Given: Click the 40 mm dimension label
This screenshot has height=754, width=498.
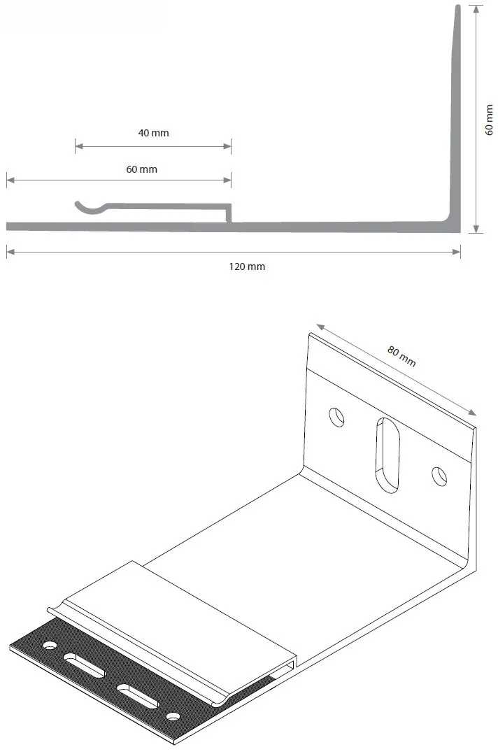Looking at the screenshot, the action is coord(153,133).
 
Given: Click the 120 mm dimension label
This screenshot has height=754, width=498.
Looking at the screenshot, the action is coord(247,266).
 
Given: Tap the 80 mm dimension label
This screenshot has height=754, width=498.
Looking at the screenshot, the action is coord(401,356).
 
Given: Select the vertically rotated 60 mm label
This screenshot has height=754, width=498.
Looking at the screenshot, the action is coord(489,119).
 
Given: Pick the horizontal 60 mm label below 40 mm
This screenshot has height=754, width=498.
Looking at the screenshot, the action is coord(142,169).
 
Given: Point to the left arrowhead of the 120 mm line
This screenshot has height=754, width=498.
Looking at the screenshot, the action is coord(10,252).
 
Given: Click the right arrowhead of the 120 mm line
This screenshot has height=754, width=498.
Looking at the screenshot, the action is coord(457,252).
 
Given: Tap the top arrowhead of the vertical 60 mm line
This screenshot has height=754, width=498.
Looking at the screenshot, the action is coord(476,9).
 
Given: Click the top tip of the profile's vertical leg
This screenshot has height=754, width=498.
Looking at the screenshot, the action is coord(457,6).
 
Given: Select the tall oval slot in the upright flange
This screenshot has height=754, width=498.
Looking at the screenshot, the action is coord(387,455).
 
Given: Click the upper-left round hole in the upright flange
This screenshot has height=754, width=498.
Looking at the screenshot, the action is coord(336,416).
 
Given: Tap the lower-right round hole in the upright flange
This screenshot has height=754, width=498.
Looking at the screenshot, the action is coord(439,476).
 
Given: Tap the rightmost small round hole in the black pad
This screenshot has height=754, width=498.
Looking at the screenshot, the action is coord(173,717).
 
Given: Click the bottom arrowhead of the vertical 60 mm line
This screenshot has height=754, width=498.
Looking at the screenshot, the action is coord(476,229).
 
